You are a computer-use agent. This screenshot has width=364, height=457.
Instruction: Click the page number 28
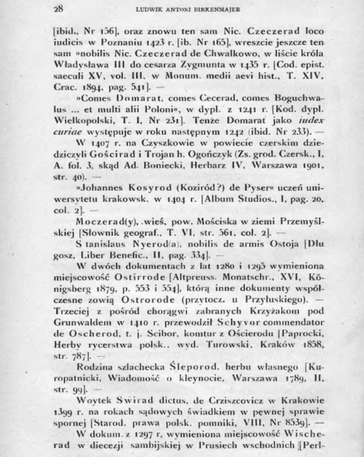point(58,9)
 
